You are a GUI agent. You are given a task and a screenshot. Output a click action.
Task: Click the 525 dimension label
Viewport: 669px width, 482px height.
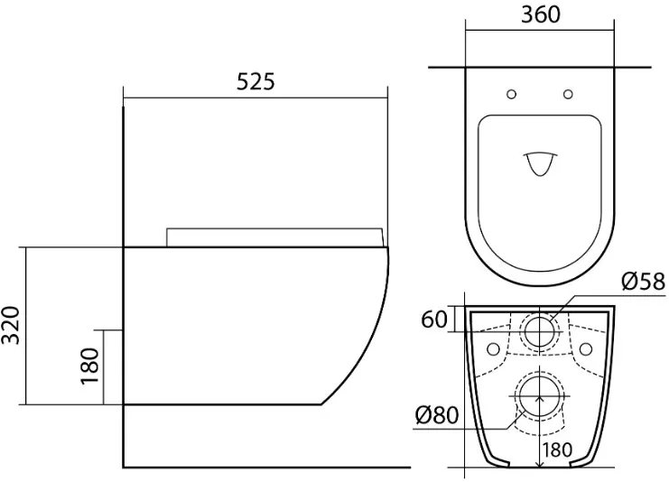(x=256, y=81)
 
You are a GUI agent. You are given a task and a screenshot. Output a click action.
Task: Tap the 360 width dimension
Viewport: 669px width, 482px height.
(x=540, y=14)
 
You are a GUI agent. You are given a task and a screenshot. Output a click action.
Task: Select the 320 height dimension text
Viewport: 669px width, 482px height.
(x=10, y=325)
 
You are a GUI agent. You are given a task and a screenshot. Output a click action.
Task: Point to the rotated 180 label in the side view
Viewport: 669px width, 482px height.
(x=89, y=366)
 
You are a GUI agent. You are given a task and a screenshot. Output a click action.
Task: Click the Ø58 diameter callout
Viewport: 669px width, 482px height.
(x=643, y=281)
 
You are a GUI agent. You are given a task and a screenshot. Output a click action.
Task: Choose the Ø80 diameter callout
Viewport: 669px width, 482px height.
(x=436, y=414)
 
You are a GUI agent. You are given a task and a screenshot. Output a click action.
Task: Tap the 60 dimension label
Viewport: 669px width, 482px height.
(x=434, y=320)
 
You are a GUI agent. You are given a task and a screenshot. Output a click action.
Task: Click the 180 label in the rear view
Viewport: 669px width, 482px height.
(x=557, y=450)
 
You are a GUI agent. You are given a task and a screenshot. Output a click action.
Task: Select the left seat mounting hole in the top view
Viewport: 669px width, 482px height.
(x=511, y=94)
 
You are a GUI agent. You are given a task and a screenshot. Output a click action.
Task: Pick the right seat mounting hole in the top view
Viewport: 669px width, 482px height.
(x=568, y=94)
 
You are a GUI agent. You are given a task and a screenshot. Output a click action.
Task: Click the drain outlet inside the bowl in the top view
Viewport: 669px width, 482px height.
(x=540, y=163)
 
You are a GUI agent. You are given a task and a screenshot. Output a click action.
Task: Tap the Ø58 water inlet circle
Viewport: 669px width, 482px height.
(x=539, y=331)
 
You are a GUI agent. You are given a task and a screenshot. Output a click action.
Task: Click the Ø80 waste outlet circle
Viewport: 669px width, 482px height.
(x=540, y=396)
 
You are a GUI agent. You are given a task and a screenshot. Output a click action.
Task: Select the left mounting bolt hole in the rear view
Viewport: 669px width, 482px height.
(x=493, y=349)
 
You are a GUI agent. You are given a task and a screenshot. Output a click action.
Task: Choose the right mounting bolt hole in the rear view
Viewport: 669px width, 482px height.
(x=586, y=349)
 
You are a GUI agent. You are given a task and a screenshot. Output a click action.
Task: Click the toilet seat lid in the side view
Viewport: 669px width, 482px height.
(x=274, y=237)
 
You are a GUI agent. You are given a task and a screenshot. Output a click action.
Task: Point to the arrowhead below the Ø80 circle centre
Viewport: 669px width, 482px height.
(x=540, y=399)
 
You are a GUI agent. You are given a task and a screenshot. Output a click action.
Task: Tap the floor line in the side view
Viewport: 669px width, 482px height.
(x=266, y=467)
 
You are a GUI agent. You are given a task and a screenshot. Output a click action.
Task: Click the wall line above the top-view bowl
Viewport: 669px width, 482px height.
(x=540, y=68)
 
